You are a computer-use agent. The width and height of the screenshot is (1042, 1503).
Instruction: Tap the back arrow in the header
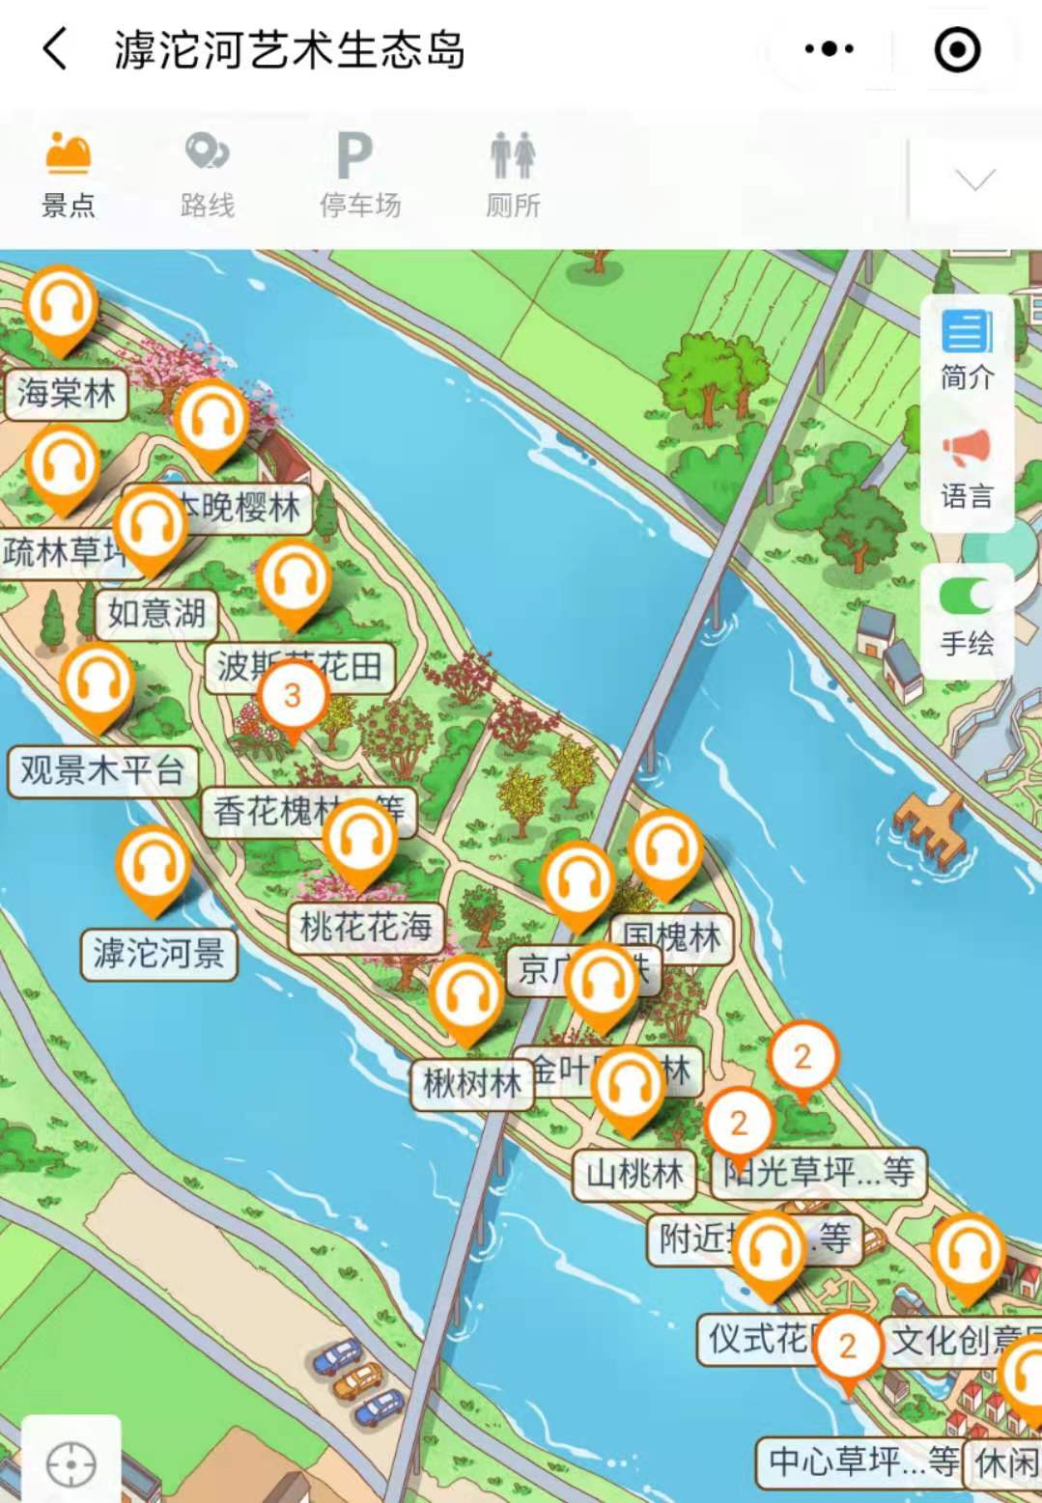[56, 49]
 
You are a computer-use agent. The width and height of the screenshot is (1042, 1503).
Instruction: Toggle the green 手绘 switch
[967, 597]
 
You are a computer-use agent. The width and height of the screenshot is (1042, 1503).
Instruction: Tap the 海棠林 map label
[66, 394]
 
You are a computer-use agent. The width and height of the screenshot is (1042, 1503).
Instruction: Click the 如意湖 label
[156, 613]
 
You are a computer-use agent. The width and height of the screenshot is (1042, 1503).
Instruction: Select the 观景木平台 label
[102, 770]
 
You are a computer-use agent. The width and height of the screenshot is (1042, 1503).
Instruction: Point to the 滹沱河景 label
[158, 954]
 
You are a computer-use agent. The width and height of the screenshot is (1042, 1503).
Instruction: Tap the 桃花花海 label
[365, 928]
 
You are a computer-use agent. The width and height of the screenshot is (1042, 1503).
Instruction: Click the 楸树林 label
[471, 1083]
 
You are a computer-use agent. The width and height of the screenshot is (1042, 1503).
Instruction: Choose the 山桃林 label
[634, 1174]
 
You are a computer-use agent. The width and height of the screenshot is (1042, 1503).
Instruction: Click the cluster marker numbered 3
[292, 696]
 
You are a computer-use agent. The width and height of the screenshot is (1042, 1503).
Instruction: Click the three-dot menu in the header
[829, 49]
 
